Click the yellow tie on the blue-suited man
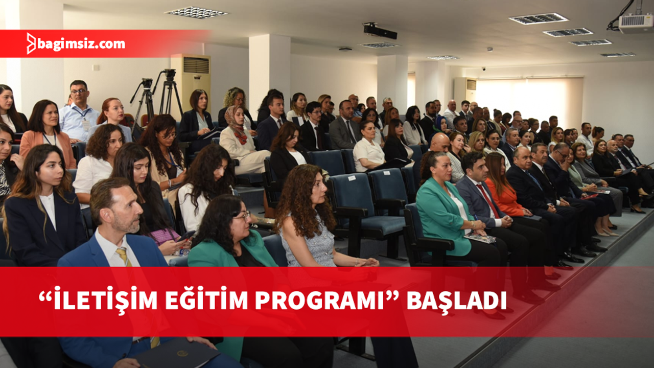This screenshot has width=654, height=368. click(124, 257)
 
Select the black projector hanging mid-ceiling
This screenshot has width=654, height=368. click(380, 31)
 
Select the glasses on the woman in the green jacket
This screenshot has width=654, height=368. click(242, 216)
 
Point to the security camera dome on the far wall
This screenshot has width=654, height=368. click(484, 69)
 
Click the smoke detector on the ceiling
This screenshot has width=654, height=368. click(345, 50)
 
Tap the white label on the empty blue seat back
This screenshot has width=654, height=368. click(352, 178)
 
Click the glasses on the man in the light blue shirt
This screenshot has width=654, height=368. click(79, 91)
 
